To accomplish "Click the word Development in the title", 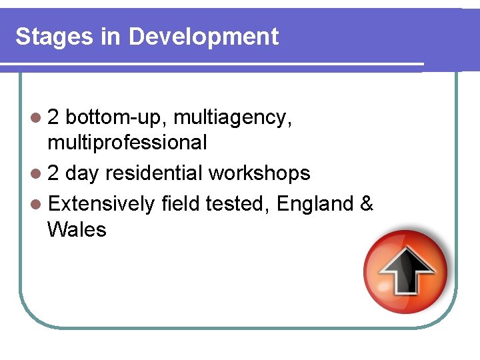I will click(x=203, y=37).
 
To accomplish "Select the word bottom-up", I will click(x=117, y=118).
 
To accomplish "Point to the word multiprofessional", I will click(x=127, y=143).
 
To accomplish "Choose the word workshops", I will click(x=259, y=174).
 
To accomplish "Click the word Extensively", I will click(x=101, y=203).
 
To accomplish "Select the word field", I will click(x=181, y=203).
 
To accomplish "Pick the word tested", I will click(x=237, y=203).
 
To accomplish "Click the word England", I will click(x=314, y=203).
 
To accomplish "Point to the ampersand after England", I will click(x=366, y=203).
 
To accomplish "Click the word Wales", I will click(x=77, y=230).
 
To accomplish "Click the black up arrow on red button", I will click(x=407, y=270).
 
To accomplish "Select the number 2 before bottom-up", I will click(x=53, y=118).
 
